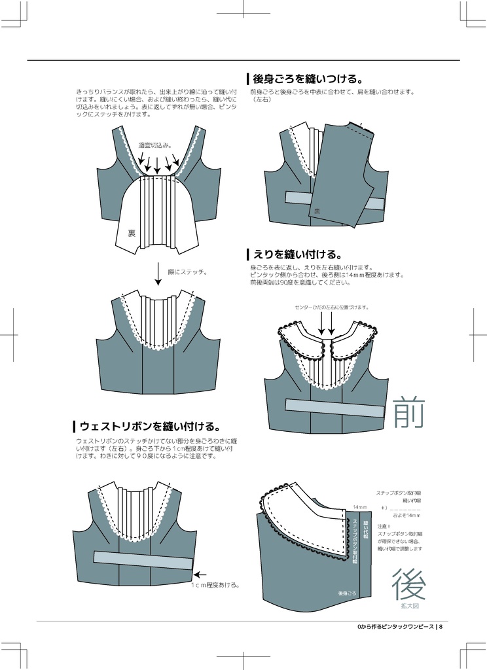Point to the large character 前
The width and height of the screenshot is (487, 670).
(409, 413)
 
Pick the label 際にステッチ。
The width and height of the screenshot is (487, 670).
(187, 272)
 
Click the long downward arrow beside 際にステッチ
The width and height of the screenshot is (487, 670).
(158, 273)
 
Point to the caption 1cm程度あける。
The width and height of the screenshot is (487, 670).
(216, 585)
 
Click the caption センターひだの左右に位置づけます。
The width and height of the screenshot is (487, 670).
(331, 307)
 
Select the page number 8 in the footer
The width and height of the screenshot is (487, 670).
(442, 627)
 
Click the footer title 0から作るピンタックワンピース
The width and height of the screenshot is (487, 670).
(396, 627)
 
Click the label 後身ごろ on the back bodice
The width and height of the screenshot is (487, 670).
(347, 593)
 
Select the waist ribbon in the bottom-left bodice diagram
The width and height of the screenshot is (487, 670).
(143, 559)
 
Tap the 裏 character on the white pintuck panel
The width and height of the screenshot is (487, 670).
(131, 232)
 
